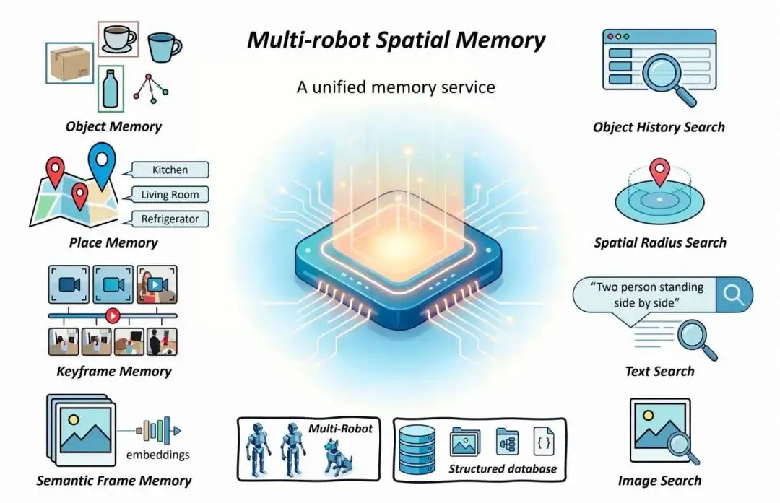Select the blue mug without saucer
click(x=163, y=46)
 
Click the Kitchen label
click(x=170, y=170)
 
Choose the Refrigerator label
click(x=170, y=219)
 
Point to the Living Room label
click(x=170, y=194)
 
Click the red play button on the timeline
click(x=112, y=315)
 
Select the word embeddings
click(x=158, y=455)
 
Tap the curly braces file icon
click(x=544, y=442)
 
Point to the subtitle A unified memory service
click(x=396, y=87)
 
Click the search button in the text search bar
click(x=733, y=294)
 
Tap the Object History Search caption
click(x=659, y=128)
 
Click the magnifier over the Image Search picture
click(x=678, y=442)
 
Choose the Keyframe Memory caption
click(x=114, y=372)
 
